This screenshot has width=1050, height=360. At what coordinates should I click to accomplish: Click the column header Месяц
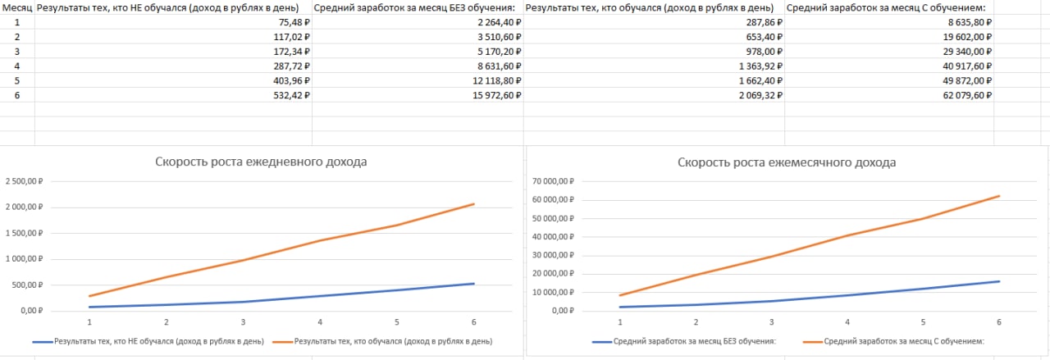16,8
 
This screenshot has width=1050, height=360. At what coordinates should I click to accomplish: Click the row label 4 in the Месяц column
16,66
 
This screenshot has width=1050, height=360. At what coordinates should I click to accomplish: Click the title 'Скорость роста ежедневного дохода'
261,162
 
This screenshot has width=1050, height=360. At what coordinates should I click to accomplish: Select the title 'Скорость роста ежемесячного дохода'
787,162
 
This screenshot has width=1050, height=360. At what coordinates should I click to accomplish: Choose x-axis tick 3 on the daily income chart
243,323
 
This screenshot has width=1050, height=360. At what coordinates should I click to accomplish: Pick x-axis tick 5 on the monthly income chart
923,323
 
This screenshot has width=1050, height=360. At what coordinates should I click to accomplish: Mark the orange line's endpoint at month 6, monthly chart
999,196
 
